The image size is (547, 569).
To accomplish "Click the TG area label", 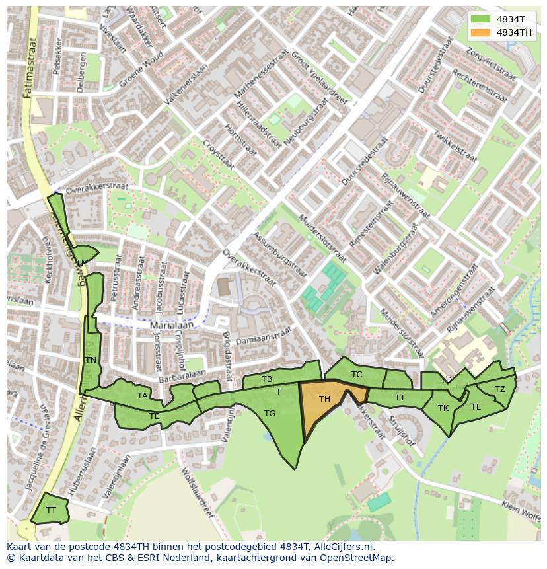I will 270,414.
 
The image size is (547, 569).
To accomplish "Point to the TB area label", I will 267,379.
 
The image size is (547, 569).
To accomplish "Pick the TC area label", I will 357,375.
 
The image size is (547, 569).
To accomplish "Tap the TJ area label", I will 399,397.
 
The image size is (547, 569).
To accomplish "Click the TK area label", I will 443,408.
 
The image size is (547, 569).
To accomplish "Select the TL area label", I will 476,407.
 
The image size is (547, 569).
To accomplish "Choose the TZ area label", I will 500,389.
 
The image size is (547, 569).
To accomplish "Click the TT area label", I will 51,510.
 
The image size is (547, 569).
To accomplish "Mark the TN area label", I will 91,360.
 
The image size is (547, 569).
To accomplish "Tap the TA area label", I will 142,396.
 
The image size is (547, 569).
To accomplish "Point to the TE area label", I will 155,416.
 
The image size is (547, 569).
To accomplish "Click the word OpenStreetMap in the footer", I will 354,558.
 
